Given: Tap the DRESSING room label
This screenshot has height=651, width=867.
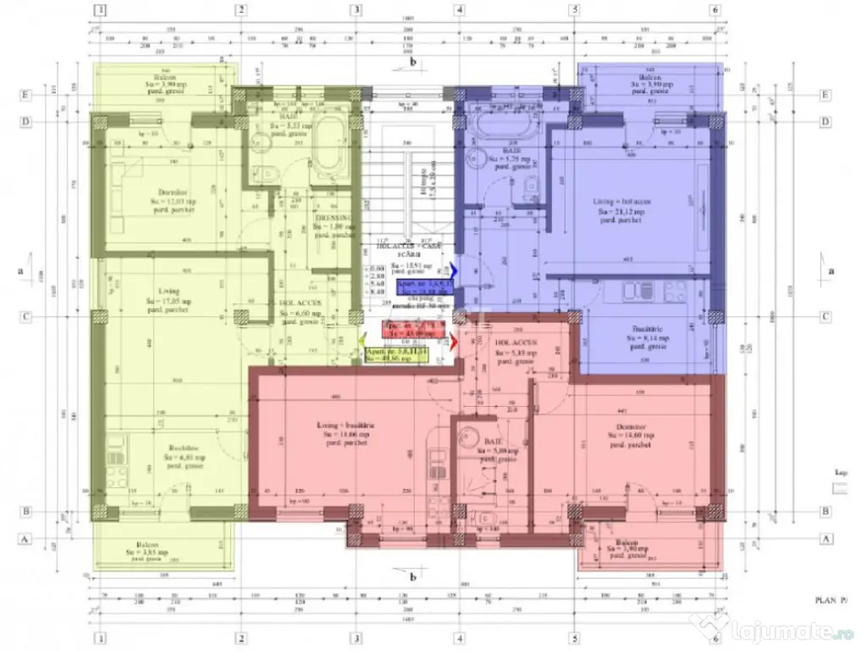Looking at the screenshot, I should coord(332,218).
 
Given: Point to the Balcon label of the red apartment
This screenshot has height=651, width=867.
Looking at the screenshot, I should coord(627,542).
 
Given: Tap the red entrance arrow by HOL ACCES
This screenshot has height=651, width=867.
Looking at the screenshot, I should coord(455,342).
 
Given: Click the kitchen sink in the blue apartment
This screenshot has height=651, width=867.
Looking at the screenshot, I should coord(632,292).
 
